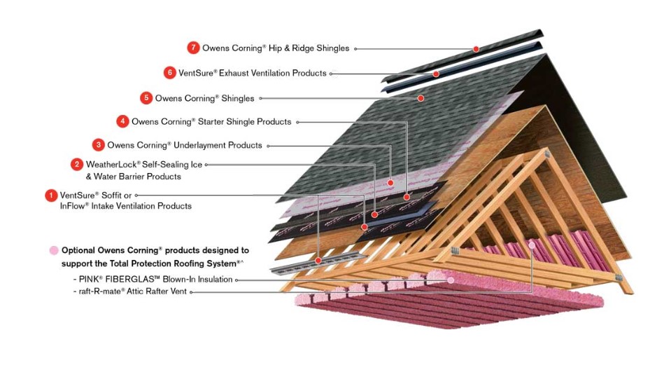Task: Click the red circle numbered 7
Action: [x=193, y=48]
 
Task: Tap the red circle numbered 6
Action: [x=169, y=73]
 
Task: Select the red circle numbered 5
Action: [x=146, y=98]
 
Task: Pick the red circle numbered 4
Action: [x=122, y=122]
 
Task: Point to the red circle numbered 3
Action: [x=99, y=145]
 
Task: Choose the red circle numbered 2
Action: [x=77, y=164]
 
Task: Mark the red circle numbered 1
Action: [x=51, y=195]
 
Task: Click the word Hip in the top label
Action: [x=278, y=48]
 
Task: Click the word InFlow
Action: [x=74, y=206]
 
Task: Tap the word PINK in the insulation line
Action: [x=90, y=280]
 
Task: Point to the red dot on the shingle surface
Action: [x=421, y=98]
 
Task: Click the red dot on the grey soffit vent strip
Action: [x=318, y=261]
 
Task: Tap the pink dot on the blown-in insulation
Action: [x=451, y=280]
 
